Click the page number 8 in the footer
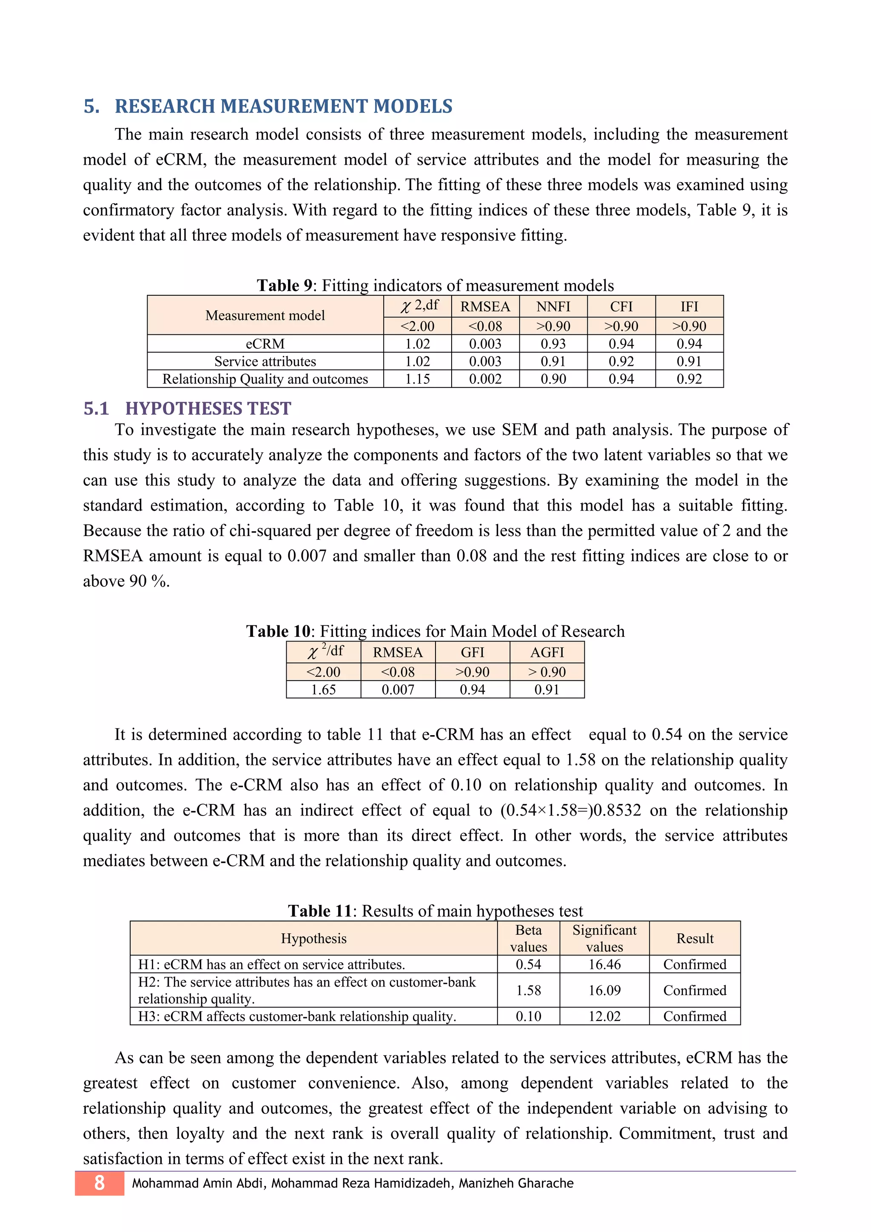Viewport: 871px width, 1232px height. pos(99,1183)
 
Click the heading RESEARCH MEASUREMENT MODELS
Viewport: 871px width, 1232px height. pos(283,106)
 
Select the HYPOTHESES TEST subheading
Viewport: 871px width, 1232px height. pos(208,408)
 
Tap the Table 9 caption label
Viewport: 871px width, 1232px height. pos(284,285)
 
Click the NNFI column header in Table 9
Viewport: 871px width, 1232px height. pos(553,306)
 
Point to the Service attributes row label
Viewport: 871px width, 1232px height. pos(265,361)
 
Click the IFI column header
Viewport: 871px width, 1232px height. pos(689,306)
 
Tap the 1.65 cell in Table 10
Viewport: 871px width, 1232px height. pos(323,690)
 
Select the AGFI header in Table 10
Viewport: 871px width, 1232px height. pos(547,653)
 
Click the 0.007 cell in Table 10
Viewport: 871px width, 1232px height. pos(398,690)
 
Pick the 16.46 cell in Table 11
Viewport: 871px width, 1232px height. pos(604,964)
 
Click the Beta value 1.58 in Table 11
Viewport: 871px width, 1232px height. pos(528,990)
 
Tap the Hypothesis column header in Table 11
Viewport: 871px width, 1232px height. pos(314,938)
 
